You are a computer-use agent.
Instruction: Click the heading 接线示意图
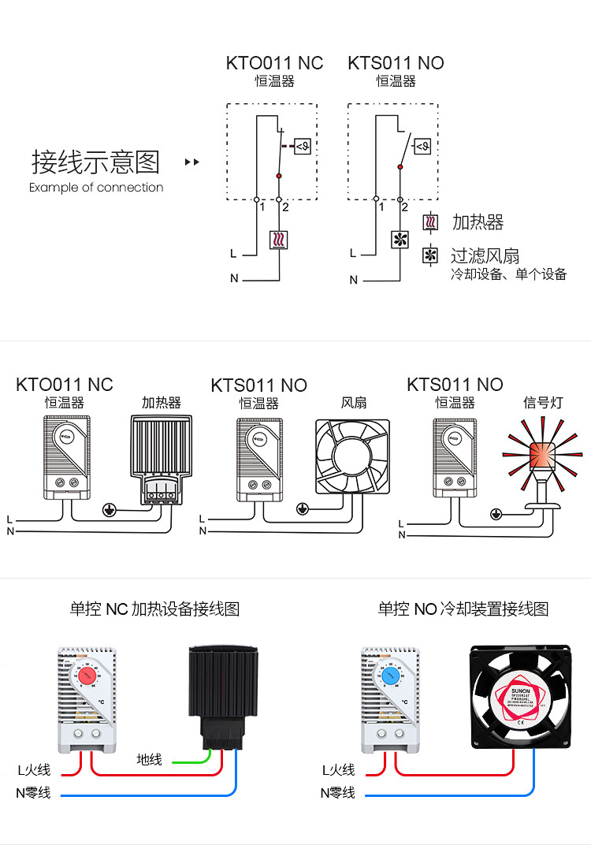95,162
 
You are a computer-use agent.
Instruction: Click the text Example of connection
96,188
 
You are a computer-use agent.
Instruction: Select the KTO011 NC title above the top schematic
274,63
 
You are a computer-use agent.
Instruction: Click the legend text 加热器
478,222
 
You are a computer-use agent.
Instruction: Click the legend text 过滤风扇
485,255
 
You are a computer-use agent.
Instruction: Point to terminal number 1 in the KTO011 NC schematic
262,207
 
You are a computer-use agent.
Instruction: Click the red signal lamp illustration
543,455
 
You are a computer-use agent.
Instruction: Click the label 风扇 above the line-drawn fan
354,403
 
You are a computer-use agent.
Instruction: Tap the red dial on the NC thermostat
87,676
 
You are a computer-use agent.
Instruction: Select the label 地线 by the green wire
149,759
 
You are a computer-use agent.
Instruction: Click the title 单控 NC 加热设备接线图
154,609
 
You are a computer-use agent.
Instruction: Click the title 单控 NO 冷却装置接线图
463,609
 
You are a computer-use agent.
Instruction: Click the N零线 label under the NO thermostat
337,792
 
